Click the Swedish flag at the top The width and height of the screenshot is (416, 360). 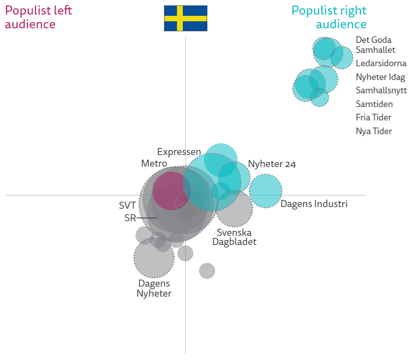click(x=185, y=18)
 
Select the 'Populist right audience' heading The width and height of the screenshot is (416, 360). click(x=329, y=17)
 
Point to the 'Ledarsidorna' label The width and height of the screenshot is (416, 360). click(x=381, y=63)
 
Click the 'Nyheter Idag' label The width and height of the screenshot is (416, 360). click(x=380, y=77)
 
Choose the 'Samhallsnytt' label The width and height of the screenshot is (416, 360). click(x=381, y=90)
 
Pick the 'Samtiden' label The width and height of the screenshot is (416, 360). click(x=374, y=104)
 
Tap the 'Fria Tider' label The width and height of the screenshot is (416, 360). click(x=374, y=117)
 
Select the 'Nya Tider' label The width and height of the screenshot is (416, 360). click(x=374, y=131)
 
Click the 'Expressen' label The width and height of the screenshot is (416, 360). click(x=179, y=152)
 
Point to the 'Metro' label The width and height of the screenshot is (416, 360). click(x=154, y=163)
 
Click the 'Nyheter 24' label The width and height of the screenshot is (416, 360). click(x=272, y=164)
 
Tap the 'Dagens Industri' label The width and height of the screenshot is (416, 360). click(x=314, y=204)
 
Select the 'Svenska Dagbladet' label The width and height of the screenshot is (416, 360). click(x=234, y=237)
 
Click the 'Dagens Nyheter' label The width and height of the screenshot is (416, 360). click(x=154, y=288)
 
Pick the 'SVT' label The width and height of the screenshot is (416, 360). click(x=127, y=205)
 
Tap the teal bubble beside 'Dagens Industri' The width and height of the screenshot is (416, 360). click(x=266, y=191)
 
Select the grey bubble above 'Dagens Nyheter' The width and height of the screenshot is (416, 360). click(x=154, y=258)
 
